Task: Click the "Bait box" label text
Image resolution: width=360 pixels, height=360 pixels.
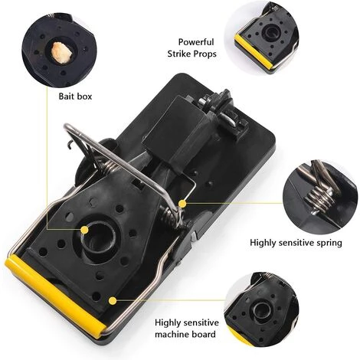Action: (75, 97)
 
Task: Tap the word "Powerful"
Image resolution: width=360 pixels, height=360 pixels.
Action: (196, 42)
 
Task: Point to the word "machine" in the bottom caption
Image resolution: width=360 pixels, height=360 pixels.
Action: (172, 334)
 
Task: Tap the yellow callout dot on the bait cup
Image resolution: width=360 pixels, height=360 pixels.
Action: (84, 230)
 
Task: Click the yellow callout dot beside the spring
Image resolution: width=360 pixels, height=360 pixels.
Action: (182, 204)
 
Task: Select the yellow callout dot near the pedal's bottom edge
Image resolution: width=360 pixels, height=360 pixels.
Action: (113, 301)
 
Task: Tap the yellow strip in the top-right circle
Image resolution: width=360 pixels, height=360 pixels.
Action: (254, 52)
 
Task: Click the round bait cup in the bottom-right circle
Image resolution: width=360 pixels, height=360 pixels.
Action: (261, 311)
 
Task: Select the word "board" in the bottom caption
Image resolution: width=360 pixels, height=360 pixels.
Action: (204, 334)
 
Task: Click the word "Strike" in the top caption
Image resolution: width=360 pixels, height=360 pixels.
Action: (179, 54)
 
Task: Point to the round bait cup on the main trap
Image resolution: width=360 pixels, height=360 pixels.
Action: (99, 237)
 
